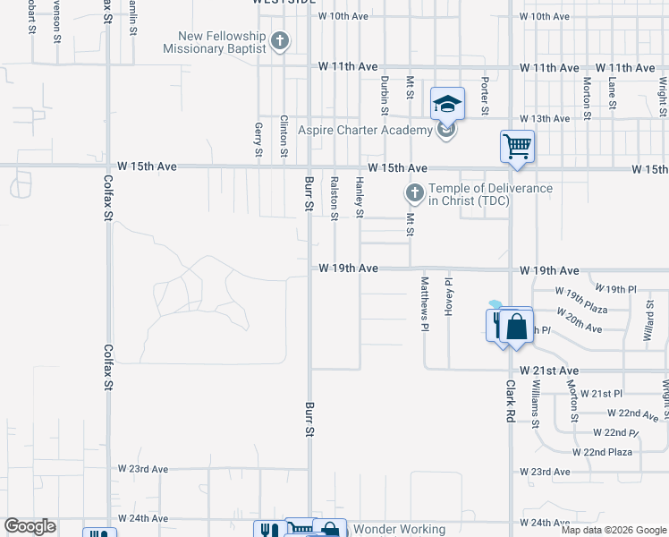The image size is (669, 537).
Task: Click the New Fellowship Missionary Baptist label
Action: pos(215,42)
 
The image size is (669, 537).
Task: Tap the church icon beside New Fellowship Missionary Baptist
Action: pos(281,41)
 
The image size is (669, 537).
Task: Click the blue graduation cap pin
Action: pos(447,104)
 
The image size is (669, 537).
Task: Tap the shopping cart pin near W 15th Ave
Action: pos(517,146)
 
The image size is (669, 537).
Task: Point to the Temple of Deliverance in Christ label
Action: pos(490,194)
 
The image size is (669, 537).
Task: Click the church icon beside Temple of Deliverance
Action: pos(414,193)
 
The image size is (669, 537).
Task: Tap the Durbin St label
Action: pos(384,94)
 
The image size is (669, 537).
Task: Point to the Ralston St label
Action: pos(334,198)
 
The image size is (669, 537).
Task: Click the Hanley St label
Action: pos(360,198)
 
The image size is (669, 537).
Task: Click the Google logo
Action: pos(30,526)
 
